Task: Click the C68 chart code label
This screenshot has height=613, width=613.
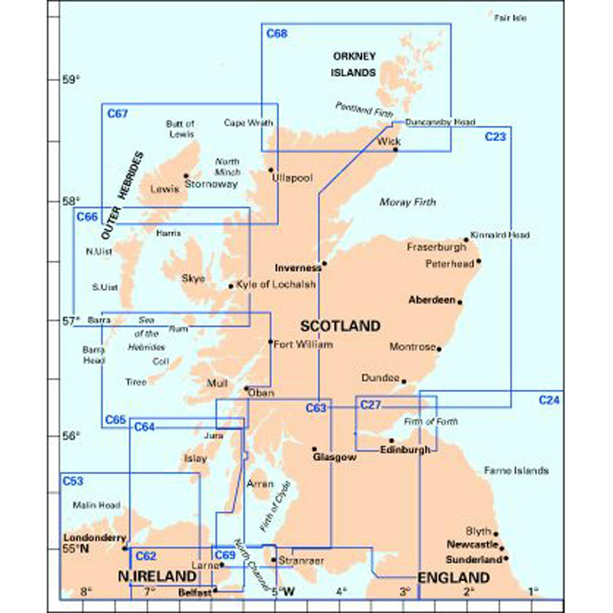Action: point(277,34)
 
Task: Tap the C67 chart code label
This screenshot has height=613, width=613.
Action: point(117,114)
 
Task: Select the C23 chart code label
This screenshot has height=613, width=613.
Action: point(495,137)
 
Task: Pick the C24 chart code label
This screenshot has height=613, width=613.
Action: point(549,400)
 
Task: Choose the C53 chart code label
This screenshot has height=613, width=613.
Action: point(73,481)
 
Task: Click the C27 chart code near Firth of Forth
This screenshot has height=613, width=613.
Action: point(370,405)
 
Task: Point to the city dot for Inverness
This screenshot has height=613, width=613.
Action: point(324,264)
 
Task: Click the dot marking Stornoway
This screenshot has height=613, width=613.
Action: point(186,176)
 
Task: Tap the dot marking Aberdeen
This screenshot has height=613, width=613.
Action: point(460,302)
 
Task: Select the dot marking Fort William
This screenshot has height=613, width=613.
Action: point(271,342)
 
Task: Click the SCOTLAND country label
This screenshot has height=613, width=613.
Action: point(340,326)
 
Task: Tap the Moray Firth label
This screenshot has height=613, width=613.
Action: point(408,202)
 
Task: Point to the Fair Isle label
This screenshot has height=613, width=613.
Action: point(510,18)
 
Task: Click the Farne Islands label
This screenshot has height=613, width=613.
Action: point(516,471)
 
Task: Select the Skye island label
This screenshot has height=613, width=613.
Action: point(193,278)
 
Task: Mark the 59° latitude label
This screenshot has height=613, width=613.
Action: point(71,80)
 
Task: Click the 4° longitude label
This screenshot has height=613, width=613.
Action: point(342,592)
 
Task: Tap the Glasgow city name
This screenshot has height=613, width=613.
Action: point(335,457)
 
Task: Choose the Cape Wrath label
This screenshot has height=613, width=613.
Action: point(248,123)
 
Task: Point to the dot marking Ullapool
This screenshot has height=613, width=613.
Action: point(271,170)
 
